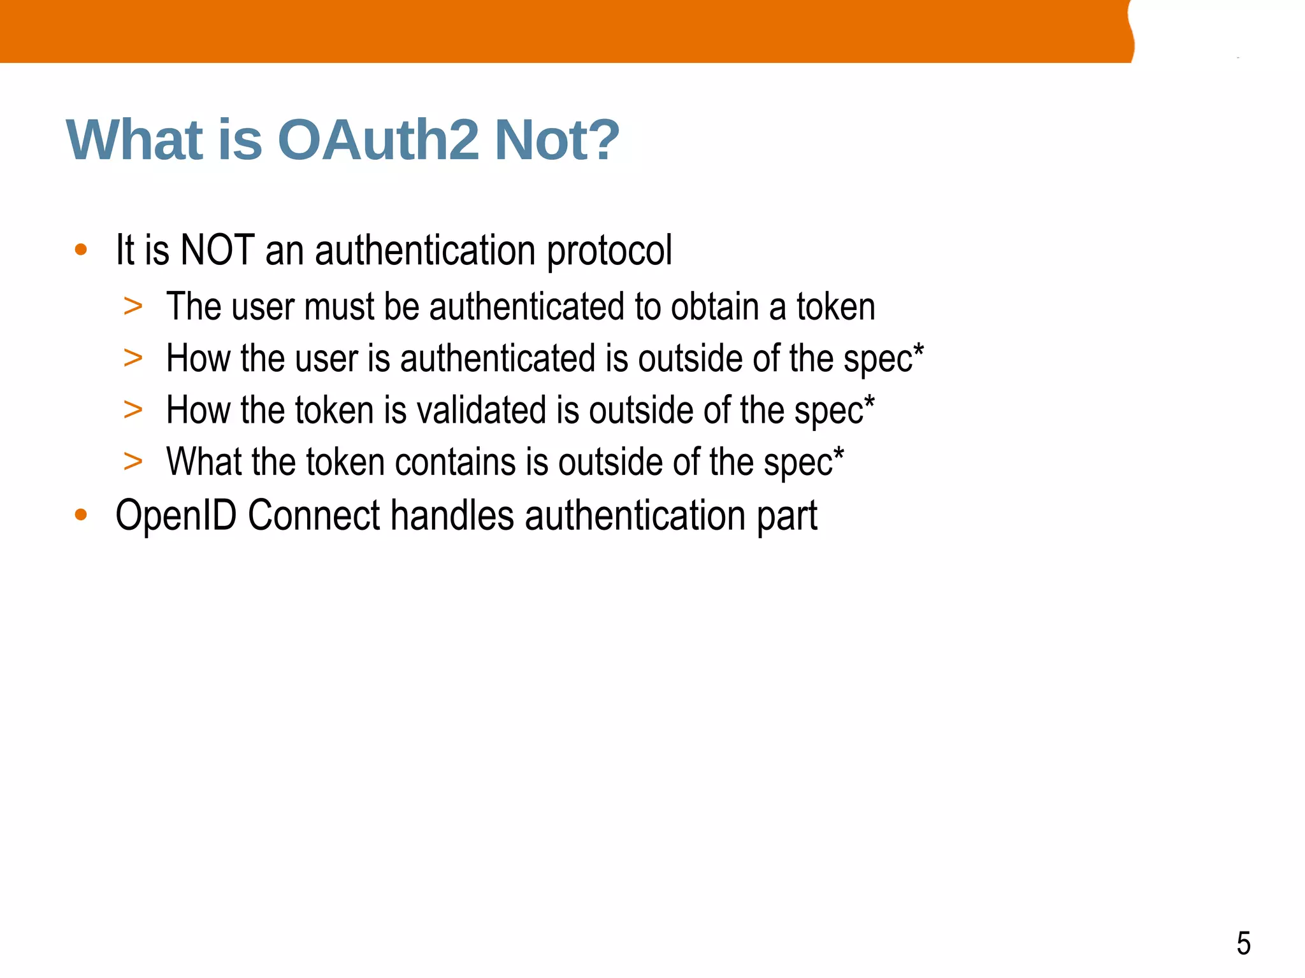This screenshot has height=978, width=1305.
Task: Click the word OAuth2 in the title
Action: pos(378,140)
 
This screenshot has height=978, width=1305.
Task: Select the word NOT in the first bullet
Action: pos(218,250)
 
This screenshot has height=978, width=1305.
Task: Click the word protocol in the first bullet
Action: pos(609,251)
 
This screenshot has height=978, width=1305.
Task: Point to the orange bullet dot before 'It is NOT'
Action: pos(80,250)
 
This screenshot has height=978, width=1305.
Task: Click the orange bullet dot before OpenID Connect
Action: pos(80,514)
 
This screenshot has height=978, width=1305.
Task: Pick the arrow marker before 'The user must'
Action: pos(133,307)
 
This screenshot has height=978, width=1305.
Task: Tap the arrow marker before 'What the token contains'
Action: pos(133,462)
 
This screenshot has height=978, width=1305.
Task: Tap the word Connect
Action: pos(314,514)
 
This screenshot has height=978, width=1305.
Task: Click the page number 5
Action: pos(1243,944)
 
